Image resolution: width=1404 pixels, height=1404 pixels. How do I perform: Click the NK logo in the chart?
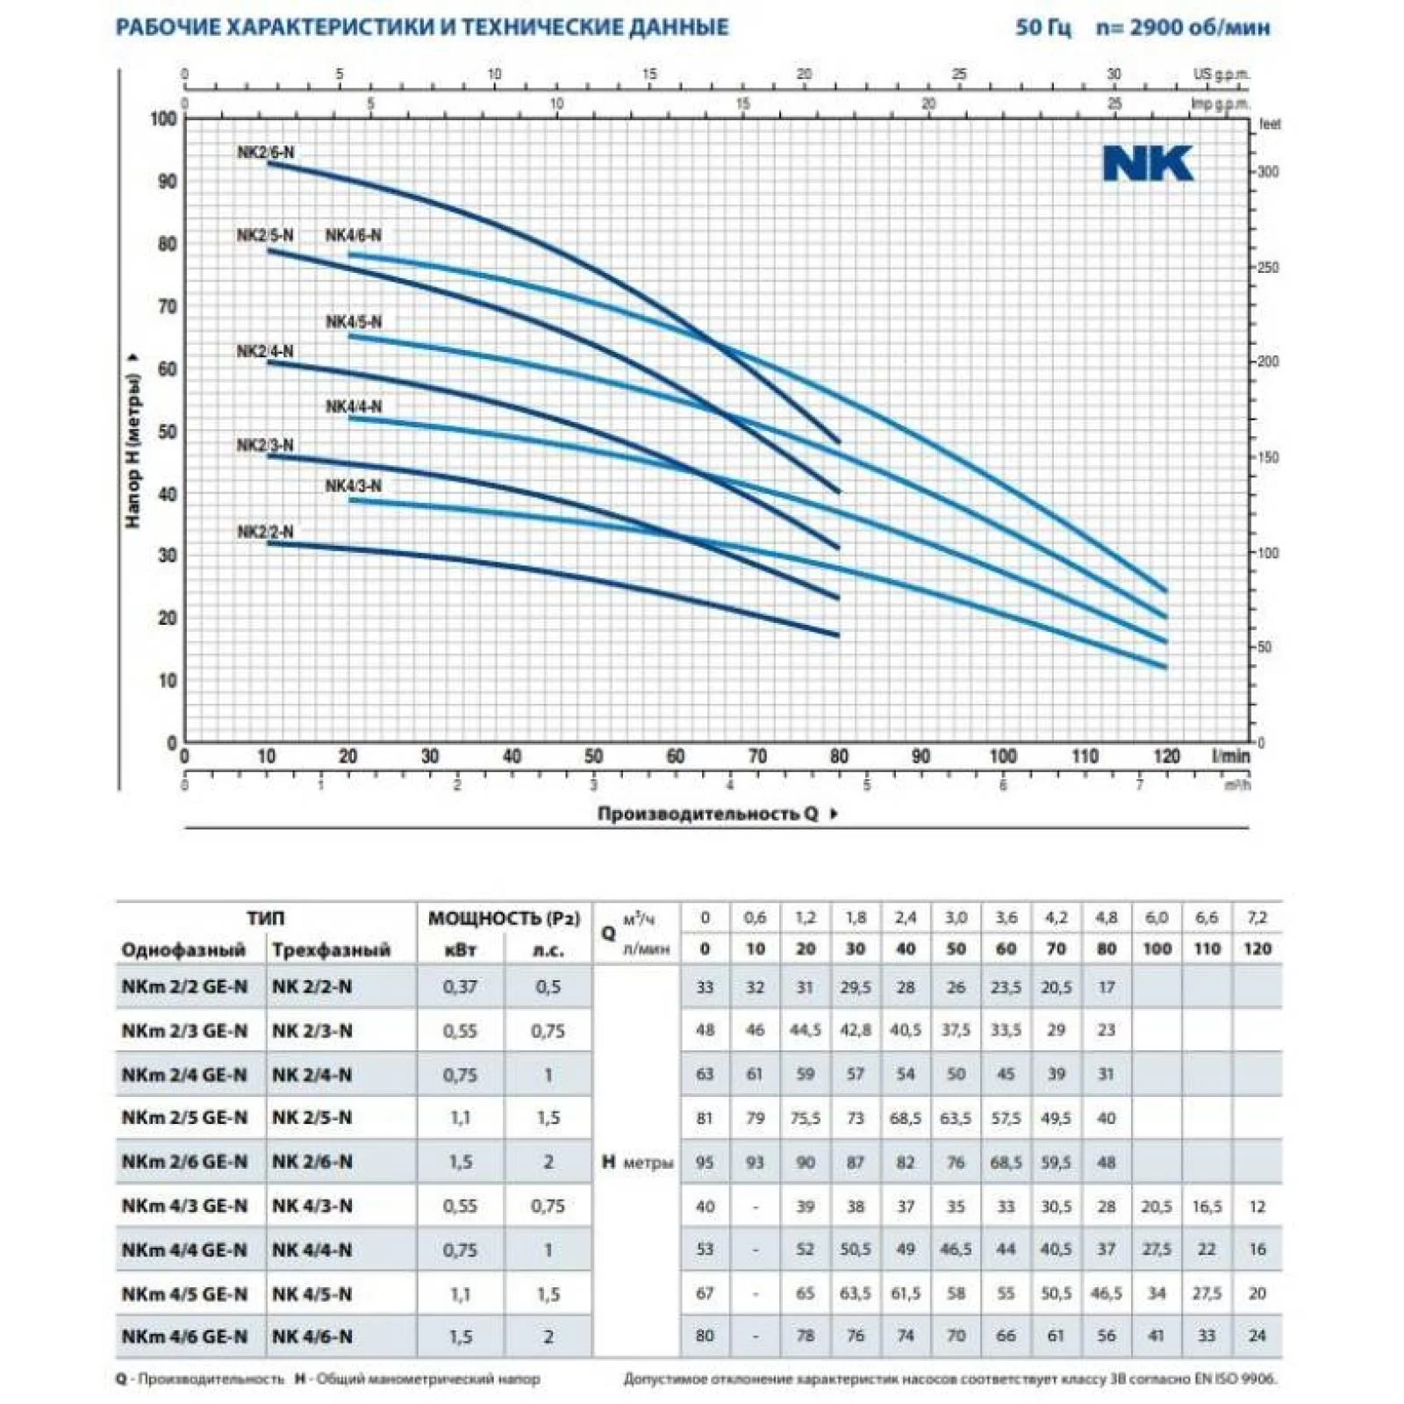[x=1148, y=164]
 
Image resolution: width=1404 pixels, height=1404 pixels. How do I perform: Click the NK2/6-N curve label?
[x=266, y=153]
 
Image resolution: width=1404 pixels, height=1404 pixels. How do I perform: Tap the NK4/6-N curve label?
[x=354, y=235]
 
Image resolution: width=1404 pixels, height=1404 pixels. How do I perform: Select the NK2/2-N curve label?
[x=265, y=532]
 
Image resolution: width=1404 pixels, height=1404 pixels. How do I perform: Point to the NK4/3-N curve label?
[x=354, y=486]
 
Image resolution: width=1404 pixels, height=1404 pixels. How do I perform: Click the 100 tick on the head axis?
[x=163, y=118]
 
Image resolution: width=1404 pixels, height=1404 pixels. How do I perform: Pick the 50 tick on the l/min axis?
[x=593, y=756]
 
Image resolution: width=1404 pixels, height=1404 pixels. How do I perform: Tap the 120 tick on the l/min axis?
[x=1166, y=756]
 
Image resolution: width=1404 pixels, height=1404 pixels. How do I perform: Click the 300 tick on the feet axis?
[x=1268, y=172]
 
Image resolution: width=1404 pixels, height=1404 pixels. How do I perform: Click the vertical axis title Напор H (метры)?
[x=133, y=451]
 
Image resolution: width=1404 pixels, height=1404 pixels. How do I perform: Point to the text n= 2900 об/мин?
[x=1182, y=27]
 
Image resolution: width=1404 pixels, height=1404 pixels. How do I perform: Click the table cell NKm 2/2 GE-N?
[x=184, y=986]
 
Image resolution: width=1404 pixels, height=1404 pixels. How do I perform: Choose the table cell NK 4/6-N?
[x=312, y=1336]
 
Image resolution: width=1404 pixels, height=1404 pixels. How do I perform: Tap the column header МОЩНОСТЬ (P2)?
[x=504, y=918]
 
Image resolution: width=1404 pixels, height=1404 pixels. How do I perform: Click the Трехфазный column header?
[x=331, y=949]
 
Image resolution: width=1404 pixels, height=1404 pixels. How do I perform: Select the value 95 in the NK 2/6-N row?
[x=705, y=1162]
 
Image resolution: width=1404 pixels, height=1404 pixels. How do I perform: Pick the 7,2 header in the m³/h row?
[x=1257, y=918]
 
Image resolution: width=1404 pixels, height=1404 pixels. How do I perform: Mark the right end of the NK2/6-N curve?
[x=838, y=441]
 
